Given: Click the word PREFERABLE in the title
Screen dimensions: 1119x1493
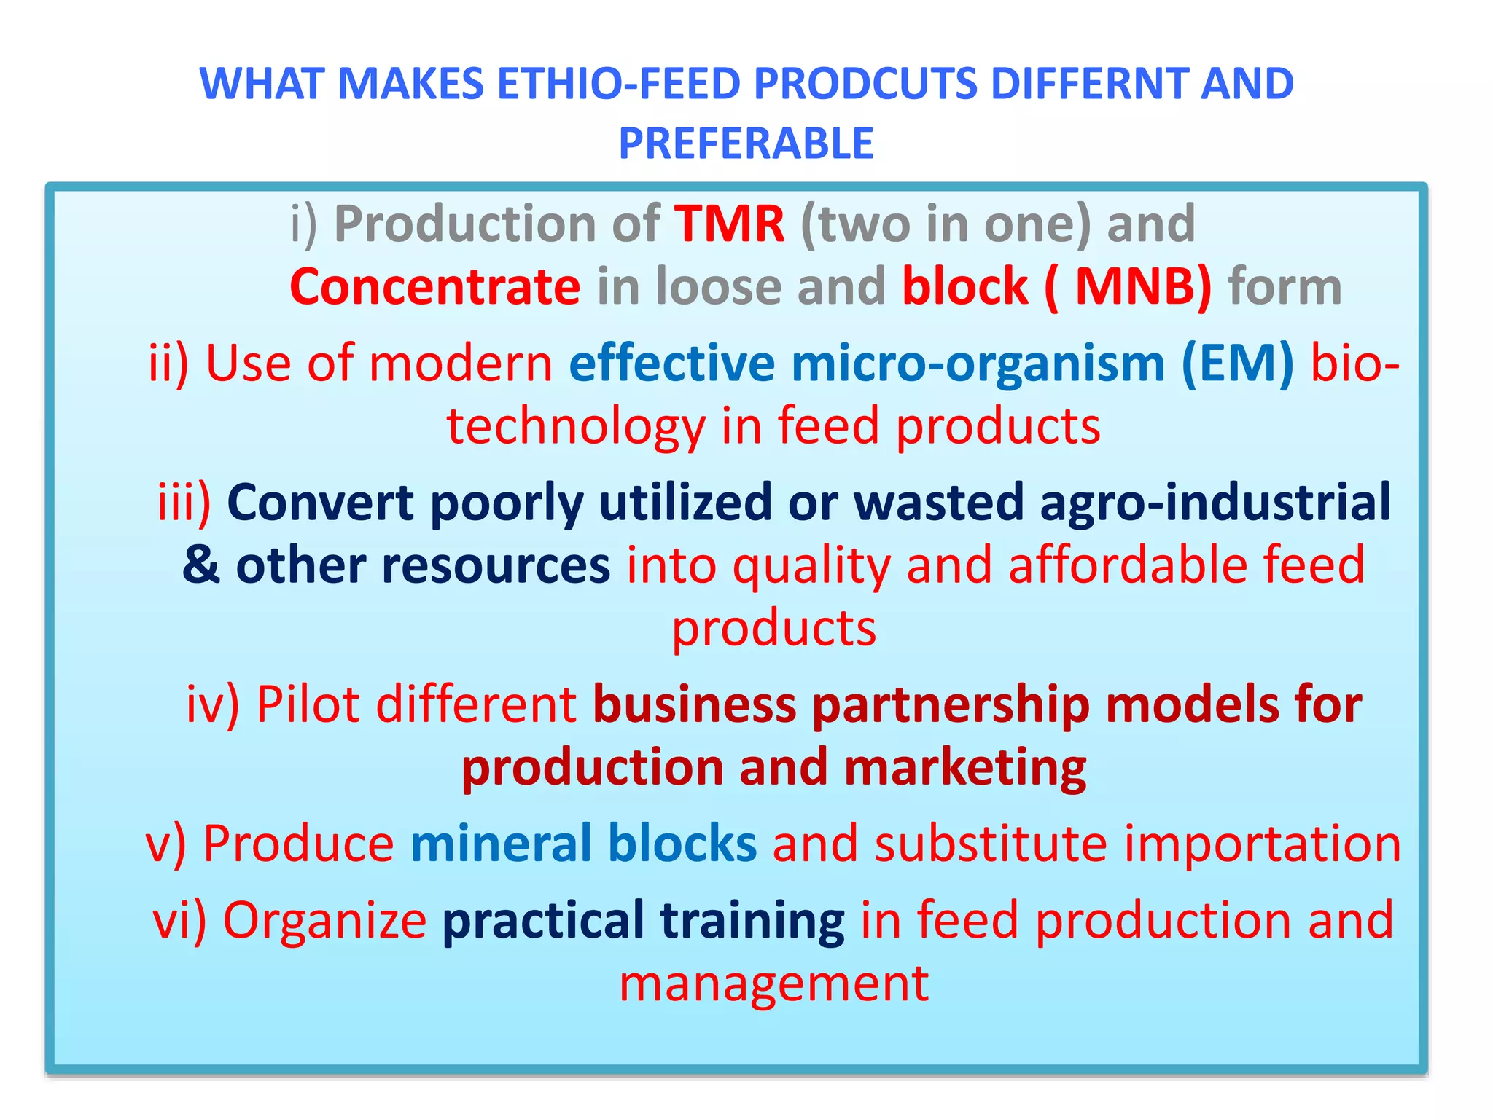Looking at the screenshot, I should click(x=746, y=144).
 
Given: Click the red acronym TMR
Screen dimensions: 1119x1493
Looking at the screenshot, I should click(x=730, y=224).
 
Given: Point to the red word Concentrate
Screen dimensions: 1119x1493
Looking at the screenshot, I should click(x=435, y=286).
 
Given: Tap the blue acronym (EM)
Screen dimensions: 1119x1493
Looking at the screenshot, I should click(x=1237, y=363).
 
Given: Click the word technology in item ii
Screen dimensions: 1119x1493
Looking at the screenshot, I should click(x=576, y=426).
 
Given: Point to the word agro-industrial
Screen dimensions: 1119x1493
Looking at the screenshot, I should click(x=1215, y=503).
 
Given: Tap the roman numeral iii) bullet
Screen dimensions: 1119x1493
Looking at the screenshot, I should click(x=184, y=503).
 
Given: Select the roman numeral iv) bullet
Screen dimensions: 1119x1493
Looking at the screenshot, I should click(x=212, y=704).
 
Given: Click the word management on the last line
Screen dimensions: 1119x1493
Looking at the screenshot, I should click(x=773, y=983).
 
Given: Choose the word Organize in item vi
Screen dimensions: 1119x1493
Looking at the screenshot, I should click(x=324, y=920).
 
